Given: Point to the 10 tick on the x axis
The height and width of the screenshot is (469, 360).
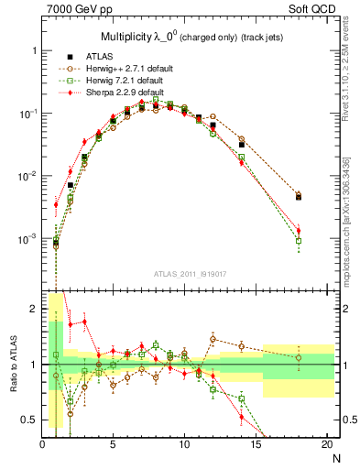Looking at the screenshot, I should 184,445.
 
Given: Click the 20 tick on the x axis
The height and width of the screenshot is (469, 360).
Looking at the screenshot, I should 326,445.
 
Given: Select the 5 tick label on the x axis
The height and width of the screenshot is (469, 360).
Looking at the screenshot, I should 113,445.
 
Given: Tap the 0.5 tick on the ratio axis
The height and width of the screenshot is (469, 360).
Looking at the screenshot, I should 30,420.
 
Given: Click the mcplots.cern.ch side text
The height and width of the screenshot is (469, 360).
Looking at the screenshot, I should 351,229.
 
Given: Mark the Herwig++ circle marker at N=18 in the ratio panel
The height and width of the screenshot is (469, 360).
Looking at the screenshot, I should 299,357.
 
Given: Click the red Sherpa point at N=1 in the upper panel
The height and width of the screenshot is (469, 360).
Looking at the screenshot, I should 56,204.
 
